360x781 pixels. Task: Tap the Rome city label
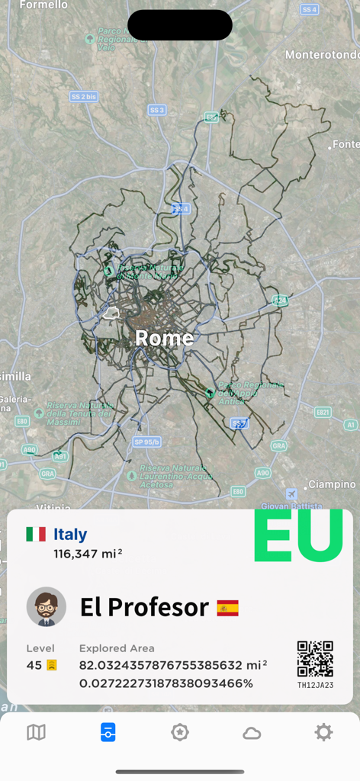164,338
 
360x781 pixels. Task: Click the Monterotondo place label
322,55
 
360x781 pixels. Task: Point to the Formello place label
43,5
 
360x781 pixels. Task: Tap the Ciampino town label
332,484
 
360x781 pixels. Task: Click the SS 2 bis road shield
83,97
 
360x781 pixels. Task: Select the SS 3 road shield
157,110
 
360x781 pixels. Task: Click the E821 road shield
323,412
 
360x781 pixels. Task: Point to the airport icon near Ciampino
291,493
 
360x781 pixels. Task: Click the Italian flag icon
36,534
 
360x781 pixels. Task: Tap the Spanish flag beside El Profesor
227,608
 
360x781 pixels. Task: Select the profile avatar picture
47,607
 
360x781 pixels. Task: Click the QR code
315,659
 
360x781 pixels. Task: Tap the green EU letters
298,535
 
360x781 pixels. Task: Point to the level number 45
34,665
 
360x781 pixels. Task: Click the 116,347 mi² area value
87,554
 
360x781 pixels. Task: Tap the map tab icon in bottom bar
36,733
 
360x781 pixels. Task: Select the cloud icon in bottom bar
252,733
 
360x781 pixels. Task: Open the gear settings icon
323,733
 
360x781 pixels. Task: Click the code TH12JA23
315,685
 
